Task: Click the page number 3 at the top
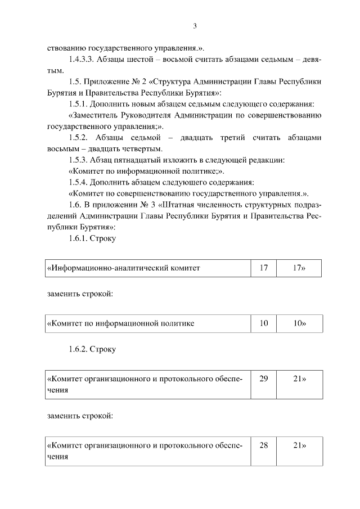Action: pyautogui.click(x=195, y=26)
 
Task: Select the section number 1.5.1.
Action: pyautogui.click(x=80, y=104)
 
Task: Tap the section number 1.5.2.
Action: pyautogui.click(x=80, y=137)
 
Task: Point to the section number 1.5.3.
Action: pyautogui.click(x=80, y=160)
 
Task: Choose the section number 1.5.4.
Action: pyautogui.click(x=80, y=182)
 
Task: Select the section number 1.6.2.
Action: pyautogui.click(x=80, y=349)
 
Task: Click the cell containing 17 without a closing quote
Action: pyautogui.click(x=264, y=268)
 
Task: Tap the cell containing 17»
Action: pyautogui.click(x=299, y=268)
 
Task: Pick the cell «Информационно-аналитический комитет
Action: pyautogui.click(x=148, y=268)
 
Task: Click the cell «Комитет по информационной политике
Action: pyautogui.click(x=148, y=324)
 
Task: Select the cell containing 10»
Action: pyautogui.click(x=299, y=324)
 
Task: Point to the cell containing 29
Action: pyautogui.click(x=264, y=385)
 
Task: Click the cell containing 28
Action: pyautogui.click(x=264, y=451)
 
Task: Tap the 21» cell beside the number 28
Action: pyautogui.click(x=299, y=451)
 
